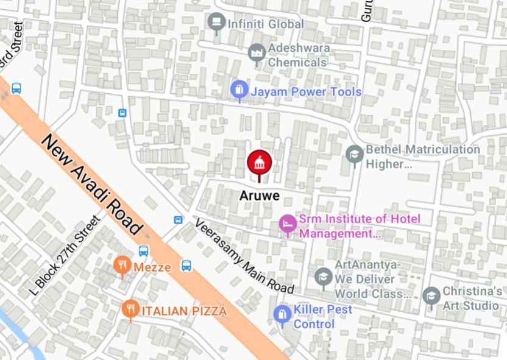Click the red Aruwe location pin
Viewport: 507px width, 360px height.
click(259, 163)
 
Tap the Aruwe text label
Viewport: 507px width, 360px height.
click(259, 196)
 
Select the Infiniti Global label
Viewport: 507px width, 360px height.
click(265, 24)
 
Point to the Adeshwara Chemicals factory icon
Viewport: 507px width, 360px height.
click(257, 54)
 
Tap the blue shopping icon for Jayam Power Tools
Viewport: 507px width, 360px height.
click(239, 91)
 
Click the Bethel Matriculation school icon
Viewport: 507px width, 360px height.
click(355, 155)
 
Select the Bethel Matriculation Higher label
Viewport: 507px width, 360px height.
click(422, 157)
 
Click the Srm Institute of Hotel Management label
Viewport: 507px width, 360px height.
click(360, 226)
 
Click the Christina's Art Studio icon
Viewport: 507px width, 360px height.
click(431, 296)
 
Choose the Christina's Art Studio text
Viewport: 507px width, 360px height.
click(471, 298)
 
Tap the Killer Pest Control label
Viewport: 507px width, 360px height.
click(322, 317)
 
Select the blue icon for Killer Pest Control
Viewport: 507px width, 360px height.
click(282, 315)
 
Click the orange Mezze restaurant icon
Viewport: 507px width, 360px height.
click(122, 265)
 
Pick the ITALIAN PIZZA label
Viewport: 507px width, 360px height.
click(184, 311)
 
